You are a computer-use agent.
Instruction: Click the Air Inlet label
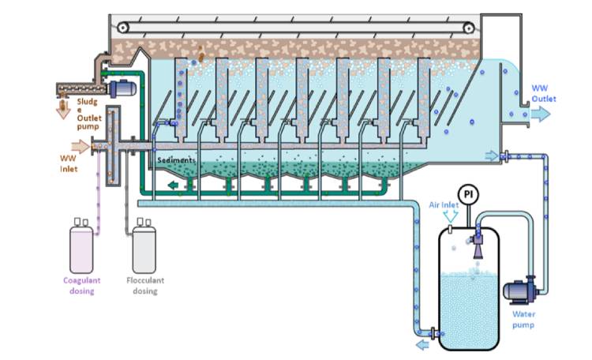(x=444, y=204)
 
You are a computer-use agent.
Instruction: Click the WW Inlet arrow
(x=81, y=145)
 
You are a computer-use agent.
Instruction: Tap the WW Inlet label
(x=69, y=162)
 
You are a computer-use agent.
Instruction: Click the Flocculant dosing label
(x=144, y=285)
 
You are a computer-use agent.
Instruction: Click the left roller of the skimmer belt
(x=122, y=27)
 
